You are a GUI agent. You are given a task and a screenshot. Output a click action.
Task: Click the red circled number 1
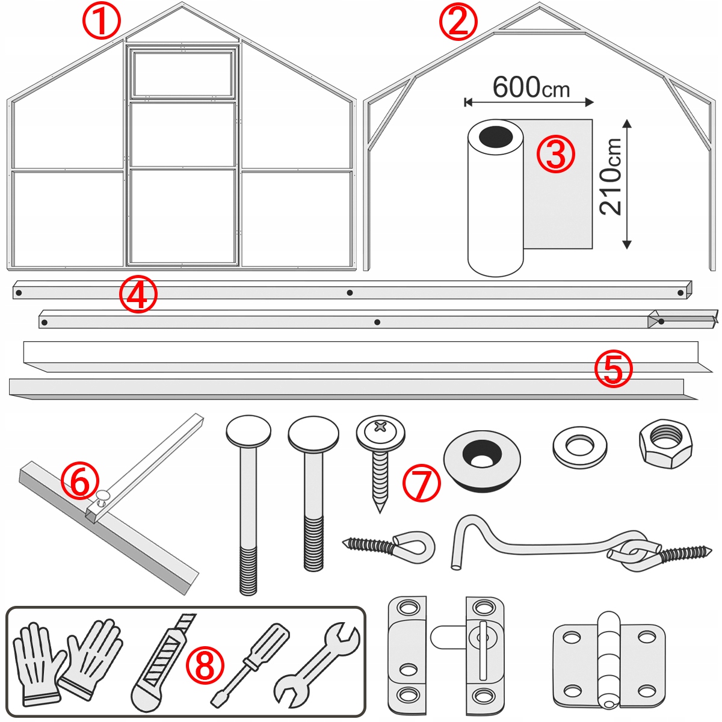click(x=102, y=22)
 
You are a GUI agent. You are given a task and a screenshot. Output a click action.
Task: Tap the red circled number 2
click(x=458, y=22)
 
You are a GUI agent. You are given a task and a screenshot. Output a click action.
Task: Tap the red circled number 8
click(x=205, y=665)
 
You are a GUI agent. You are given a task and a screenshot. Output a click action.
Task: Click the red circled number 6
click(x=79, y=483)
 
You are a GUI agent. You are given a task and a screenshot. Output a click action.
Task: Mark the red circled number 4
click(x=138, y=295)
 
